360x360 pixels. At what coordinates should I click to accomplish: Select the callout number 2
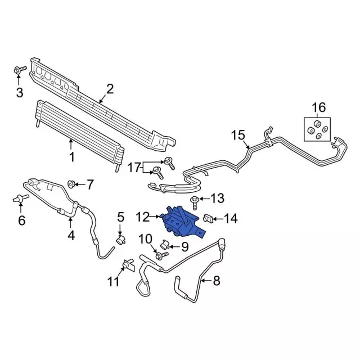coord(110,89)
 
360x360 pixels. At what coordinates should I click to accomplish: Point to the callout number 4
coord(71,235)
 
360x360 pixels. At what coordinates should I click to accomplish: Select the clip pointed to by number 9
coord(164,245)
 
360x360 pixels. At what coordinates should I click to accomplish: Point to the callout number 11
coord(114,281)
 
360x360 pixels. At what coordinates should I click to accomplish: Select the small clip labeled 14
coord(209,218)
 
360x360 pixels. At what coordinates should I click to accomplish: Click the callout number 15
coord(238,135)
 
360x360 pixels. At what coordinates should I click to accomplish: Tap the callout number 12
coord(143,215)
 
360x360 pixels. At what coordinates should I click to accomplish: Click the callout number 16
coord(319,107)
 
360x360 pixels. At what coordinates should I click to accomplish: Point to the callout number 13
coord(217,198)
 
